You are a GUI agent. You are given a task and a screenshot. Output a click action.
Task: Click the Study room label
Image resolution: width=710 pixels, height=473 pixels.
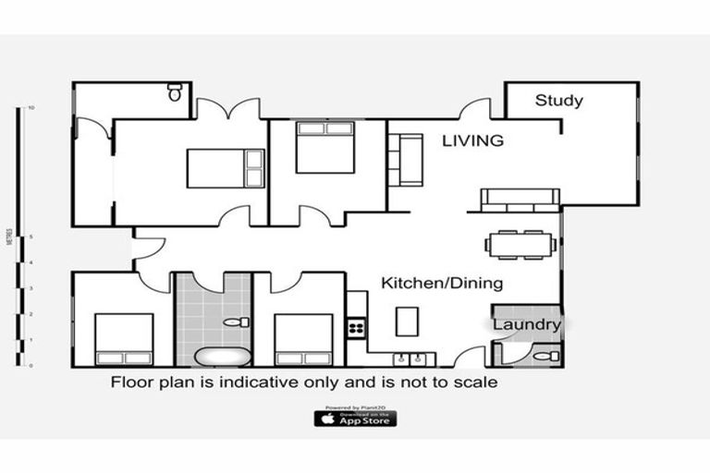[558, 101]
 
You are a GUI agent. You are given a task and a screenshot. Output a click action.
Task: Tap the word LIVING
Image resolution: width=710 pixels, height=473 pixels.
[472, 141]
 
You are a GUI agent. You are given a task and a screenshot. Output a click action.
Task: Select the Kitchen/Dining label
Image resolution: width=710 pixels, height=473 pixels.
[442, 283]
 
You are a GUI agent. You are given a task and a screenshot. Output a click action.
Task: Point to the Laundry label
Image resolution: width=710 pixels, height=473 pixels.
[525, 324]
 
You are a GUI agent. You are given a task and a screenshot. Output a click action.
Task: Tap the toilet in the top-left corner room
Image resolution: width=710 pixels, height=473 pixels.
[175, 92]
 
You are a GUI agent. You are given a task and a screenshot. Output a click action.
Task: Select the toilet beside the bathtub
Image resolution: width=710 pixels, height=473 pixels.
[237, 322]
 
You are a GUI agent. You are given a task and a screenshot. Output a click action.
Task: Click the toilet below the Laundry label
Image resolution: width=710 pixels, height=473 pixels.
[546, 355]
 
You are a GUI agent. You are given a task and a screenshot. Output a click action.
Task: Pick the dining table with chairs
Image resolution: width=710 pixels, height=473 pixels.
[520, 244]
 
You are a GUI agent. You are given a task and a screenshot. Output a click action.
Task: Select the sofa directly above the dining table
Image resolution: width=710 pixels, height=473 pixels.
[520, 199]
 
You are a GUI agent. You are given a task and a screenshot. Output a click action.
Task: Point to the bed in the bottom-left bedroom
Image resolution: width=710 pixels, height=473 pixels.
[124, 339]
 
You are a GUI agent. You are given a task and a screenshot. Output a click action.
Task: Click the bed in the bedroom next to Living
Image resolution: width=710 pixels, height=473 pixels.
[324, 147]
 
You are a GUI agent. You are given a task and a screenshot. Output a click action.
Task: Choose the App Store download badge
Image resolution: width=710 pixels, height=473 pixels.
[355, 418]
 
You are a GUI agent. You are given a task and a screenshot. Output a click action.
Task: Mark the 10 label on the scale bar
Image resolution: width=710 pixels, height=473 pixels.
[31, 108]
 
